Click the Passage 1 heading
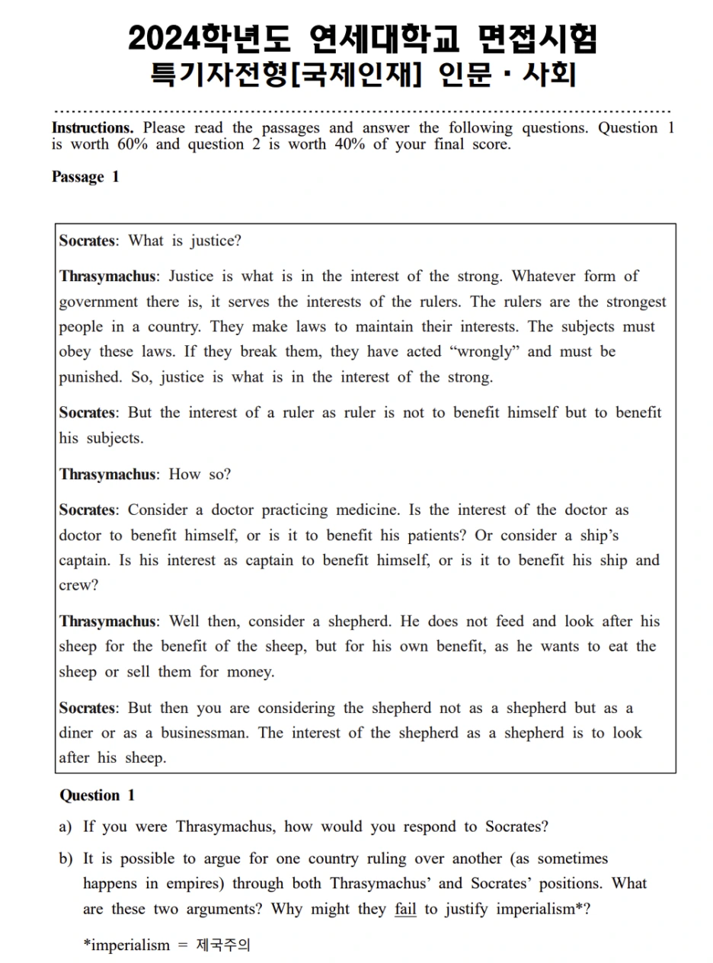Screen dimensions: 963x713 (x=85, y=178)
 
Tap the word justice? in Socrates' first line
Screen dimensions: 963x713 (x=216, y=242)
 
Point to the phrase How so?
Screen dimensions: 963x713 (x=200, y=475)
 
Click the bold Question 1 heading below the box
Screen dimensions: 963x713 (x=97, y=795)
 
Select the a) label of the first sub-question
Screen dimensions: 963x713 (x=66, y=827)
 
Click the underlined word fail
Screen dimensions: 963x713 (x=405, y=909)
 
